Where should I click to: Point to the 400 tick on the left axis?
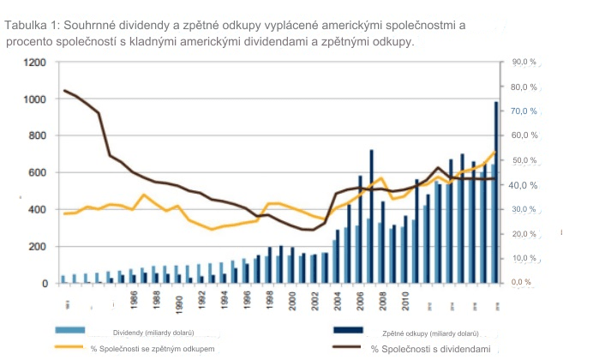(38, 210)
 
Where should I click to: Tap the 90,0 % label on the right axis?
(523, 63)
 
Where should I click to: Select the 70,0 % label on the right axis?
(523, 111)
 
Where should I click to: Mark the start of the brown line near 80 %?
(64, 90)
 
